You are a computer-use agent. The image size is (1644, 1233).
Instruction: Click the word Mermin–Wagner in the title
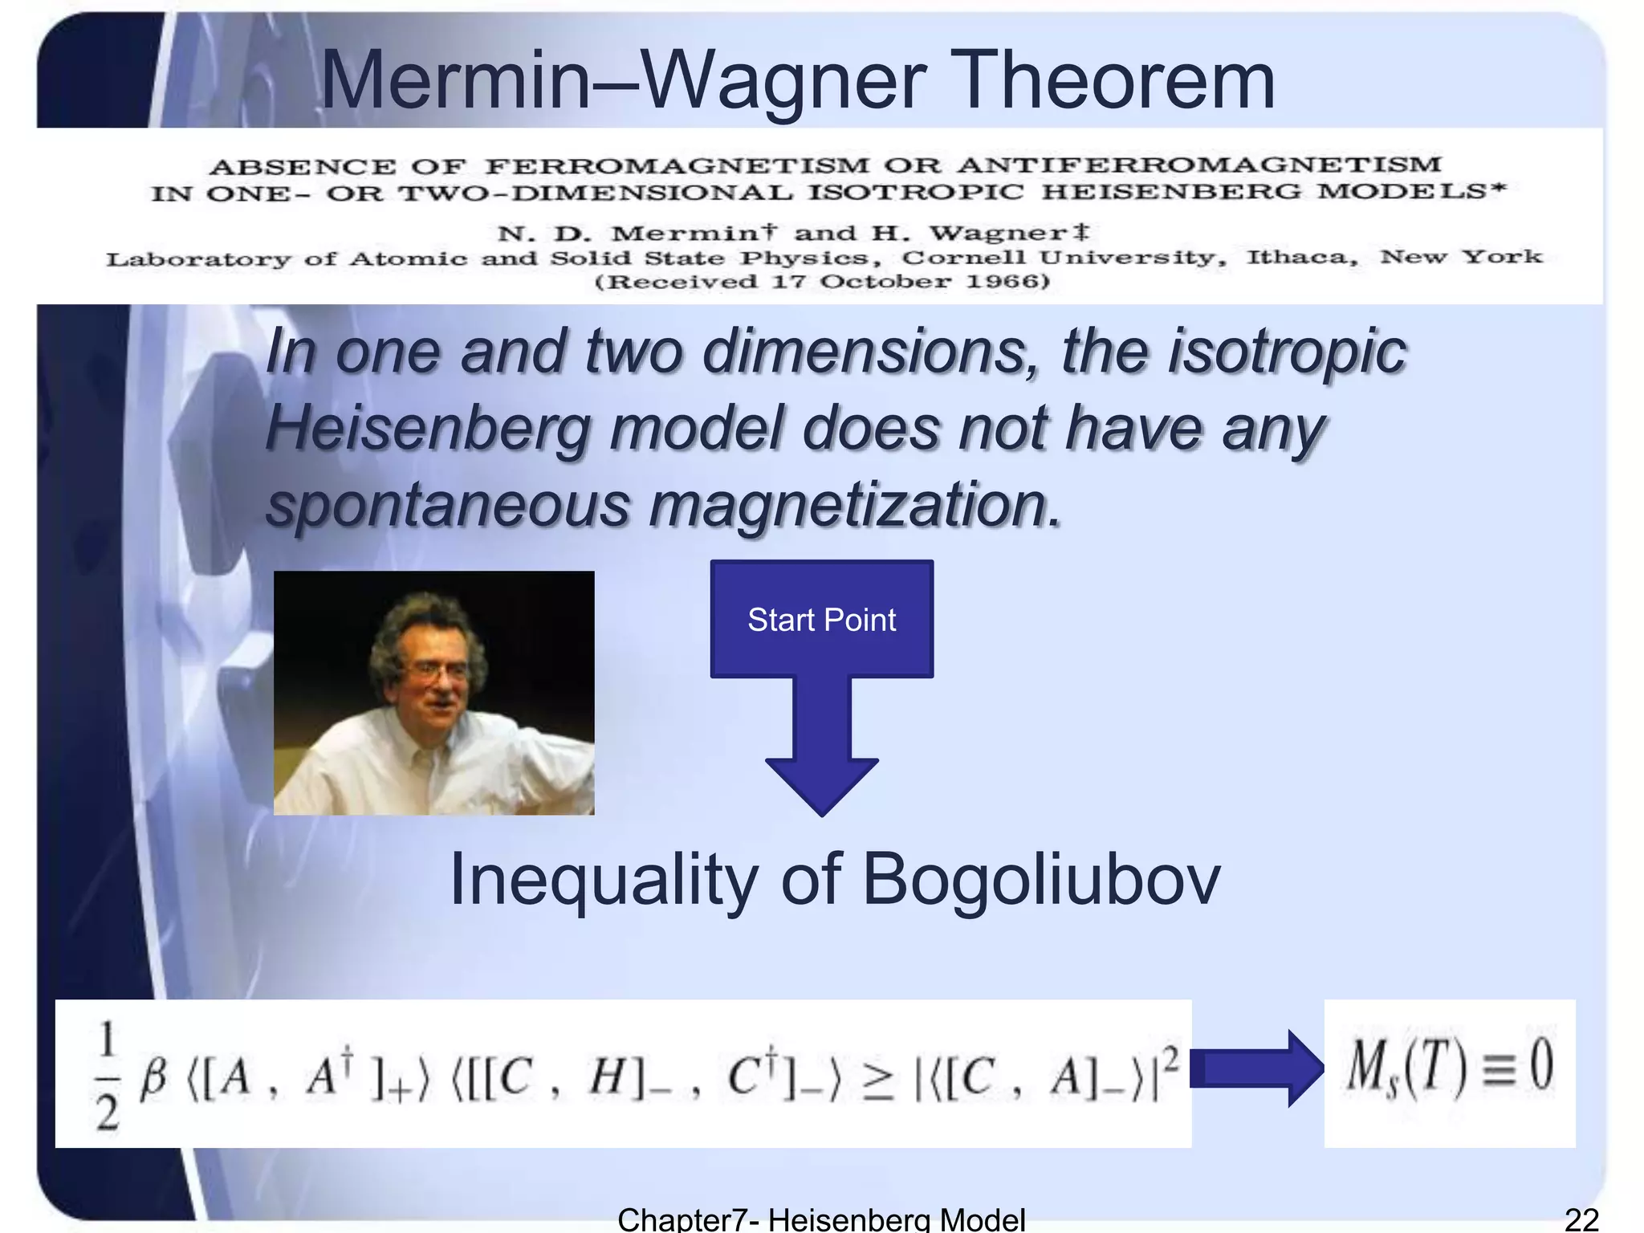click(x=623, y=80)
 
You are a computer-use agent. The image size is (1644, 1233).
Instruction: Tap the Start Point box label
click(x=821, y=620)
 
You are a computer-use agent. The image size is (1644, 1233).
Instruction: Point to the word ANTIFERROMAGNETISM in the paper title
click(x=1199, y=165)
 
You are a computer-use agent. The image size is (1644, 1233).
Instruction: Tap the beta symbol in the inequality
click(x=153, y=1077)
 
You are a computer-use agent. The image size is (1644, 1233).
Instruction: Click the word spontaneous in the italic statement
click(x=448, y=506)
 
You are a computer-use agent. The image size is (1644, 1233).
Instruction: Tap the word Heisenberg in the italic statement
click(x=427, y=428)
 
